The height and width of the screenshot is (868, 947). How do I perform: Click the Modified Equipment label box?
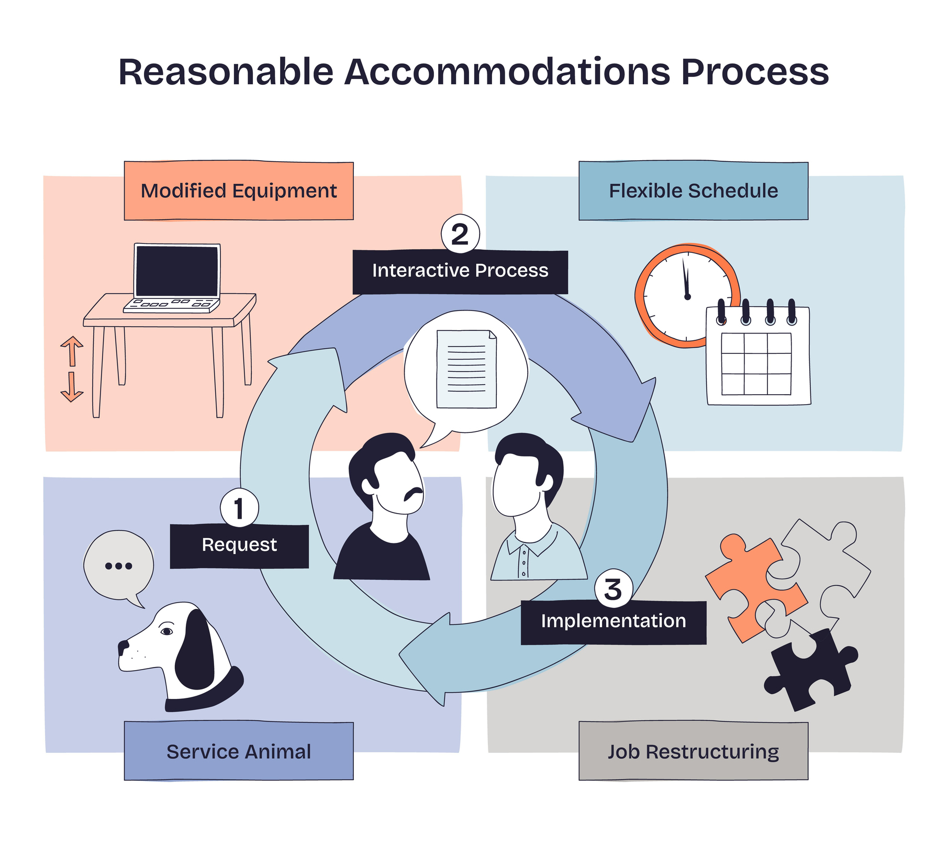point(239,191)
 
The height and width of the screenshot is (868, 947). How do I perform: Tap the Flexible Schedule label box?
point(693,191)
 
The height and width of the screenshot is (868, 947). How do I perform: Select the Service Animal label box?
point(239,751)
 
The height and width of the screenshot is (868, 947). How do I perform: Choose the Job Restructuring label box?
point(693,751)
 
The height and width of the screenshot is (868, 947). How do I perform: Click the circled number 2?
point(460,234)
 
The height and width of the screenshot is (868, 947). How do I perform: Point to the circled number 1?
point(239,508)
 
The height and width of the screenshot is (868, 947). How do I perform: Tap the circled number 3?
point(614,589)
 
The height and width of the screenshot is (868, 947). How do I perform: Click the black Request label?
point(239,546)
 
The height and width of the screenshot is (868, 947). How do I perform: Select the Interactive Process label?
point(460,271)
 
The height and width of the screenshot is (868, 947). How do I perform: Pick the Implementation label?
point(614,621)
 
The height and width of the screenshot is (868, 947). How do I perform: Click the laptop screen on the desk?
point(176,271)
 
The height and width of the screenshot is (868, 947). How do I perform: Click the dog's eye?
point(166,631)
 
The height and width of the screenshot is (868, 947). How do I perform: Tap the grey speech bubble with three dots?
point(119,566)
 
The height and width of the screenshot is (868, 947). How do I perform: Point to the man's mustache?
point(414,493)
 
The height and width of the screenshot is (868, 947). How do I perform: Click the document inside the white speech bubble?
point(466,369)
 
